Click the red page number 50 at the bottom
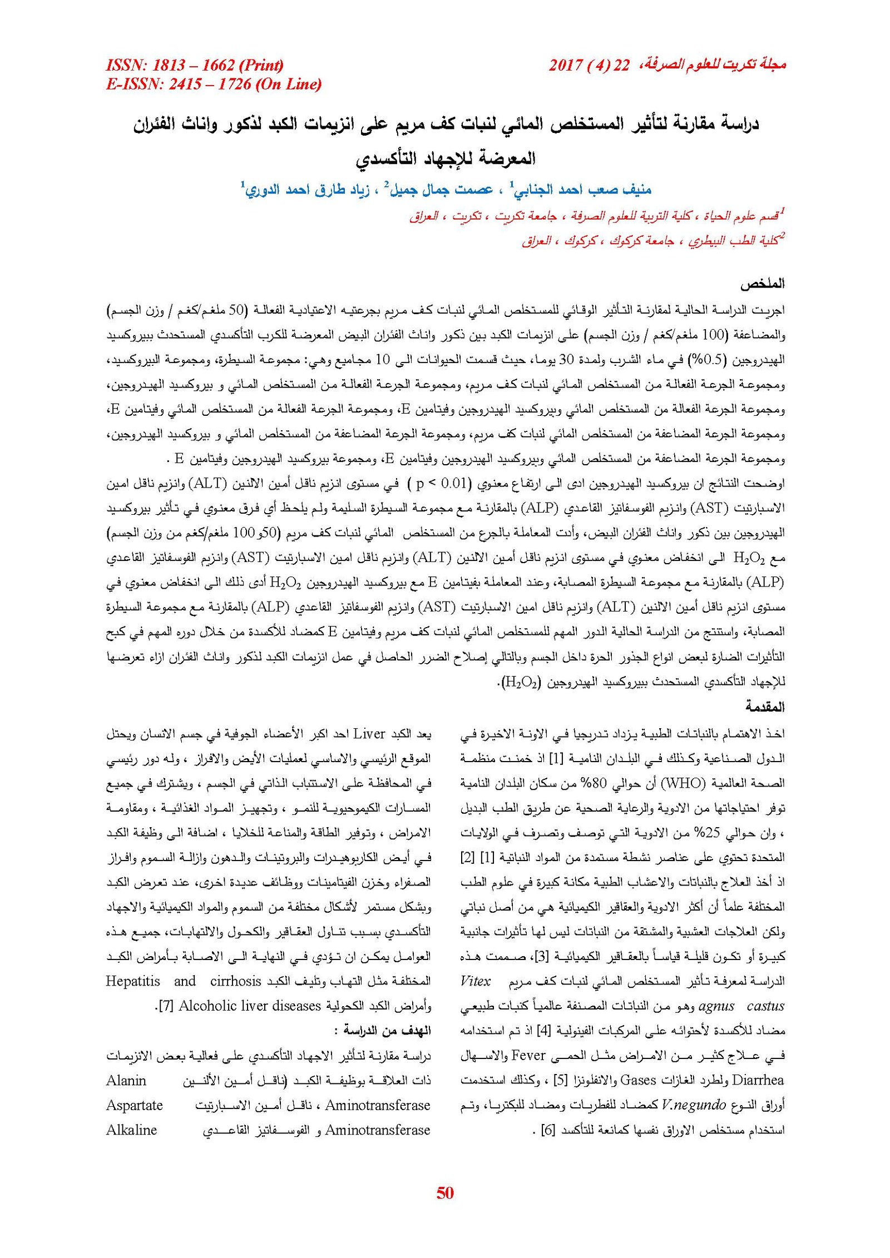click(445, 1193)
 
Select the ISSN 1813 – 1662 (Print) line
click(195, 65)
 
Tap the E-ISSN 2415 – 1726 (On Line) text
click(214, 84)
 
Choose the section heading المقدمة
click(765, 707)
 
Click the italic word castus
click(765, 1006)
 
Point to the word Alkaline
click(131, 1130)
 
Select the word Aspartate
click(134, 1105)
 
